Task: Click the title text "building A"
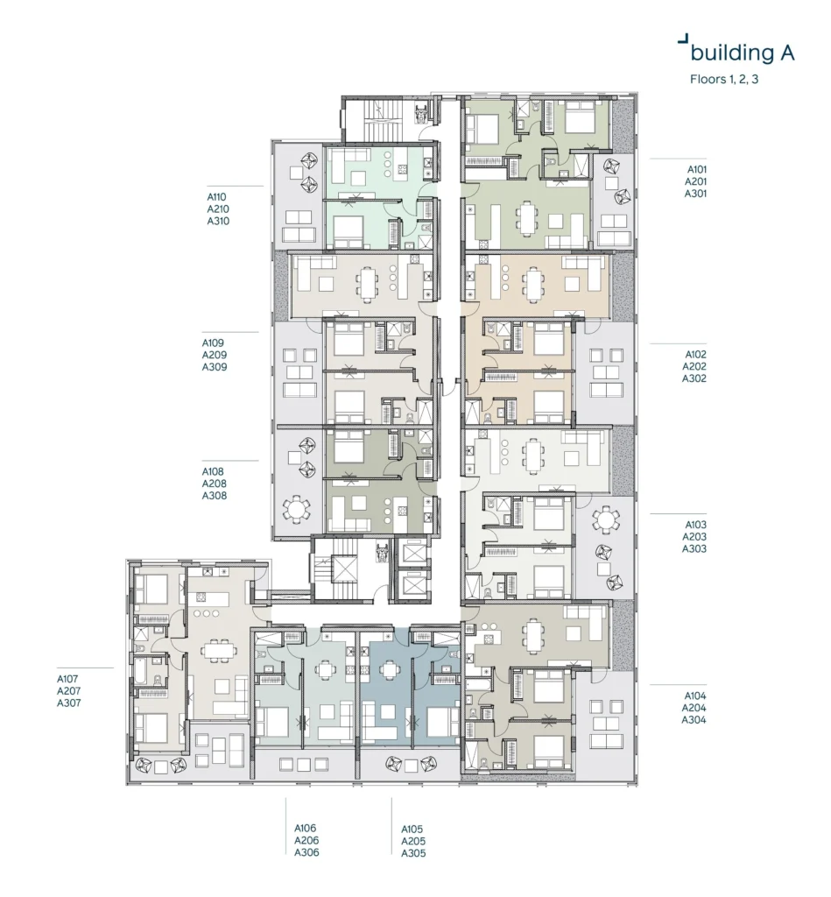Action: pos(743,53)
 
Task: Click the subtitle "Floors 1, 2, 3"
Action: pos(724,79)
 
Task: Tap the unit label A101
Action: pos(697,169)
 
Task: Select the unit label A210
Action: pos(218,208)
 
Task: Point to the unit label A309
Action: pos(214,367)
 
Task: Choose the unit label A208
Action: pos(214,484)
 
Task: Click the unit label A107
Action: pos(67,679)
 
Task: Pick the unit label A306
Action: pos(306,852)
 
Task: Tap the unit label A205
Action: pos(413,841)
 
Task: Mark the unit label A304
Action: pos(694,720)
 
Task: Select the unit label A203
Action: pos(694,537)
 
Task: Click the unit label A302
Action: pos(694,378)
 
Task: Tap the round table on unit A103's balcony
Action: pos(606,519)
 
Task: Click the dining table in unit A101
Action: pos(525,219)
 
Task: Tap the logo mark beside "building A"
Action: pos(681,39)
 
